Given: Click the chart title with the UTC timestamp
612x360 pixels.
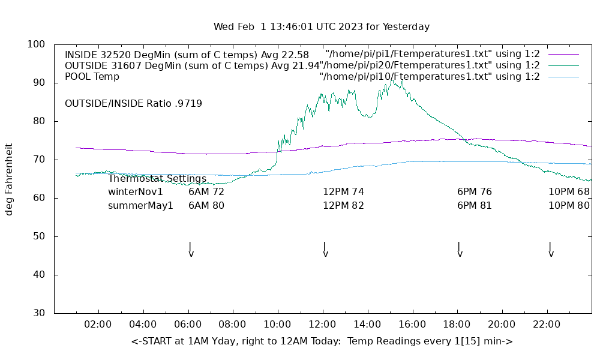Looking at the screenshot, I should (322, 26).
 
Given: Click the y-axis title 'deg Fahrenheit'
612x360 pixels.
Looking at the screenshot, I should (9, 179).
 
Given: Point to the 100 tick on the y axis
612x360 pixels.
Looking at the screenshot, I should (36, 44).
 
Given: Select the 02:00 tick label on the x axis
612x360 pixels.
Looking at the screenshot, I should (98, 325).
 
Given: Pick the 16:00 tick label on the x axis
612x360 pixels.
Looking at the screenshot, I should (412, 325).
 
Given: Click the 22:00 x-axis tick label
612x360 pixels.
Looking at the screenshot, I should (547, 325).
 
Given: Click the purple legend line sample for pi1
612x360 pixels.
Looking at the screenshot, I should (563, 54).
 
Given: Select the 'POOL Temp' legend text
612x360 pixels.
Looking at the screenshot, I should (92, 77).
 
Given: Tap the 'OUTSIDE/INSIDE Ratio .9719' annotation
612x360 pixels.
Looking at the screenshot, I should (133, 103).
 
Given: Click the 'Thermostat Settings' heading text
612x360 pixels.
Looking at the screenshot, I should (157, 179).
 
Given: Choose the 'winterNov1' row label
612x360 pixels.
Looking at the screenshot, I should (136, 192).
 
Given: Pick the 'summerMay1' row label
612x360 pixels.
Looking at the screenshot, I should (140, 205).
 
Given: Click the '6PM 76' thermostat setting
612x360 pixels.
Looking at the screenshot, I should (475, 192).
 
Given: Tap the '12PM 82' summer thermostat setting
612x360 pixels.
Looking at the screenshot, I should (344, 205).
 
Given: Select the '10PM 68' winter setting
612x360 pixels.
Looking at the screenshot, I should (569, 192).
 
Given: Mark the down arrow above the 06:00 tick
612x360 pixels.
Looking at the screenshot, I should (190, 250).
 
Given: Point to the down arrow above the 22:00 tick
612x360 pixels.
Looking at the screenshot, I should (550, 250).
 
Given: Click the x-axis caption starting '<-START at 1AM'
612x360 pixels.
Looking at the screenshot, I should (322, 341).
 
